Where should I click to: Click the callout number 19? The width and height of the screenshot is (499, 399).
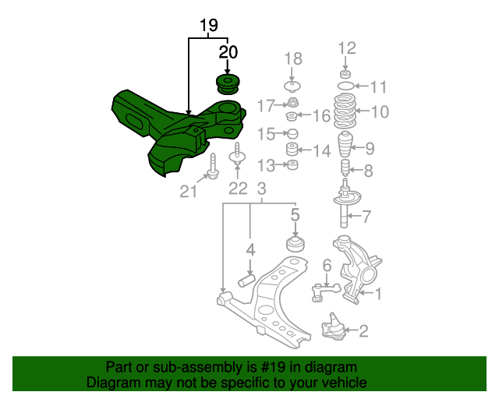(209, 25)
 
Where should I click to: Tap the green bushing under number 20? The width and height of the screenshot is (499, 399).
(228, 84)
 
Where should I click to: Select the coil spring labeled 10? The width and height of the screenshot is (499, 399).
(345, 111)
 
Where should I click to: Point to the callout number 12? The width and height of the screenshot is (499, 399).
(347, 48)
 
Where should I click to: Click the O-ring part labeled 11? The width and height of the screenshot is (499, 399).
(345, 86)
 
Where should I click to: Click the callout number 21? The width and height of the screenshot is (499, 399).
(189, 192)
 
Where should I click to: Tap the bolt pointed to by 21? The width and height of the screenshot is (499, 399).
(213, 166)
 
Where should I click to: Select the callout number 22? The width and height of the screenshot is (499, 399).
(238, 189)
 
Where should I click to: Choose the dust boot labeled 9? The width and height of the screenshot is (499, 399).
(345, 144)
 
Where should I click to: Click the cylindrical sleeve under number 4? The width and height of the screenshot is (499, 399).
(246, 280)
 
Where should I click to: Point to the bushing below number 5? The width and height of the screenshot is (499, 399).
(296, 243)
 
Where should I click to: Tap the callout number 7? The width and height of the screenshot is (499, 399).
(366, 217)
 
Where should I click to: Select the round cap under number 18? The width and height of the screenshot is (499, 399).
(292, 87)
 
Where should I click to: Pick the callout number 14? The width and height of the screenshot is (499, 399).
(322, 150)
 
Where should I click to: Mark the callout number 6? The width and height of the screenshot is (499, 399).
(327, 265)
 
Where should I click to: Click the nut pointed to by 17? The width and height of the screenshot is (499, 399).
(293, 102)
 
